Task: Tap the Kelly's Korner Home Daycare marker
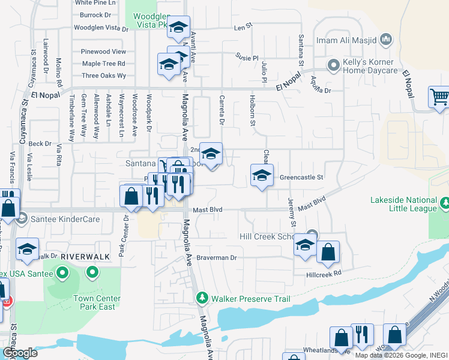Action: (333, 64)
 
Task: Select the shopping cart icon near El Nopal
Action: (439, 97)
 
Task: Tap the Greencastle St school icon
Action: (262, 176)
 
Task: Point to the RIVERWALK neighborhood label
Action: (85, 256)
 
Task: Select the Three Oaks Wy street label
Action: (104, 76)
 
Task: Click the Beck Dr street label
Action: (40, 144)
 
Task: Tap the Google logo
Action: (20, 353)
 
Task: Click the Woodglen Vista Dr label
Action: (101, 28)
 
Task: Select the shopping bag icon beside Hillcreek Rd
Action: (328, 253)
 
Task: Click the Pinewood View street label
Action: (103, 52)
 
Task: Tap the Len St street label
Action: (241, 27)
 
